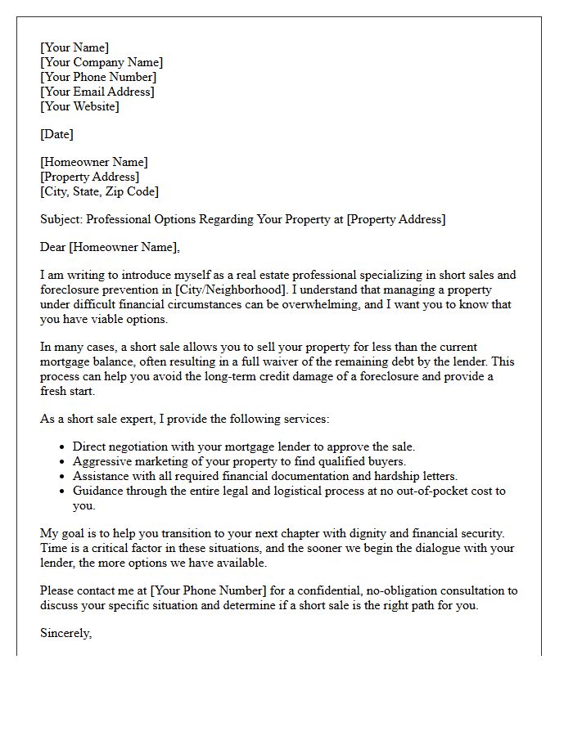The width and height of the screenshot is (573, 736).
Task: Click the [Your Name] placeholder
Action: [x=74, y=48]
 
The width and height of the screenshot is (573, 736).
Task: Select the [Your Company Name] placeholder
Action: [x=102, y=63]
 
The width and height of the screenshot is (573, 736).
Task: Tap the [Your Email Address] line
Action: [x=97, y=92]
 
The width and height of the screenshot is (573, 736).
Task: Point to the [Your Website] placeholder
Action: [x=79, y=106]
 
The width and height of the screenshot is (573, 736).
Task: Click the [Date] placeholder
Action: [x=56, y=134]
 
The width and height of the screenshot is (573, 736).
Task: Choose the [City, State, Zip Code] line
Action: [x=99, y=191]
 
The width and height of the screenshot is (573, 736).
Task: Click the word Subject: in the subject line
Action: [x=61, y=219]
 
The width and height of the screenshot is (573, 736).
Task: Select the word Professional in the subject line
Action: [x=117, y=219]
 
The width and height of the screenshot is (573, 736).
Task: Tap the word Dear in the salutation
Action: [x=53, y=247]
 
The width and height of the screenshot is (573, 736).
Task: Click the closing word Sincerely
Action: [x=65, y=634]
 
